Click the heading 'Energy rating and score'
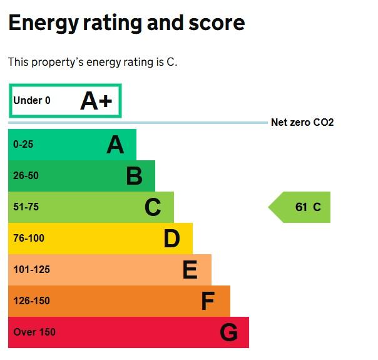coord(126,23)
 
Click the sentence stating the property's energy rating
coord(93,62)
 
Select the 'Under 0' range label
coord(32,100)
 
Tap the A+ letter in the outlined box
coord(96,101)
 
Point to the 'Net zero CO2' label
coord(302,123)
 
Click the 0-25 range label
coord(23,144)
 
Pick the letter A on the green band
coord(115,145)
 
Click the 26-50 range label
coord(26,175)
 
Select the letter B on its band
coord(134,176)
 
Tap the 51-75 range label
coord(26,207)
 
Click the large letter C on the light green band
coord(153,207)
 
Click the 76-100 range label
coord(28,238)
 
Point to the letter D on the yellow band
coord(171,239)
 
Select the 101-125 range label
coord(31,269)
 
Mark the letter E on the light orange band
coord(190,270)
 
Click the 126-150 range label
coord(31,301)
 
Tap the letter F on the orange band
coord(208,301)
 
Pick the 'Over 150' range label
coord(34,332)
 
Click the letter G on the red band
coord(228,332)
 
